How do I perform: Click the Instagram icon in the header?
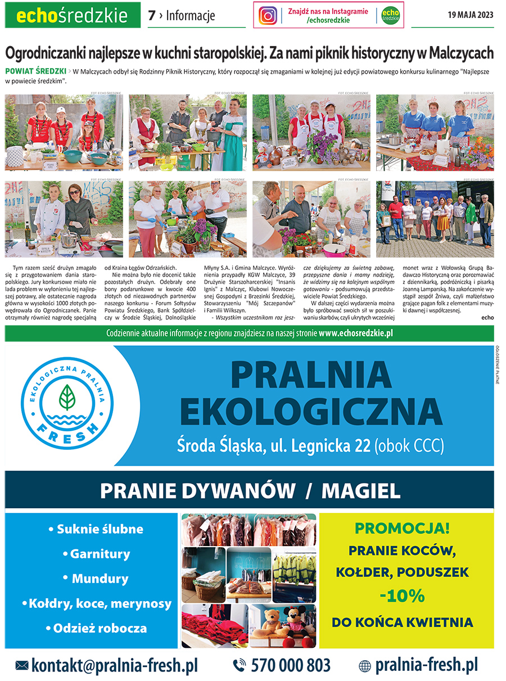point(268,15)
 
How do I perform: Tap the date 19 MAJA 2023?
point(470,15)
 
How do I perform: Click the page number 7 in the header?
point(151,16)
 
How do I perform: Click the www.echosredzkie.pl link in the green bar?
point(355,333)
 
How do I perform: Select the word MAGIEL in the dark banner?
point(361,490)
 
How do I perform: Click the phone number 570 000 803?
point(290,665)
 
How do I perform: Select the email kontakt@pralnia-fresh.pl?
point(115,665)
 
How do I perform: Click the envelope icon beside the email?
point(22,665)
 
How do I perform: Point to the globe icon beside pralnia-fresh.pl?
point(365,666)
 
